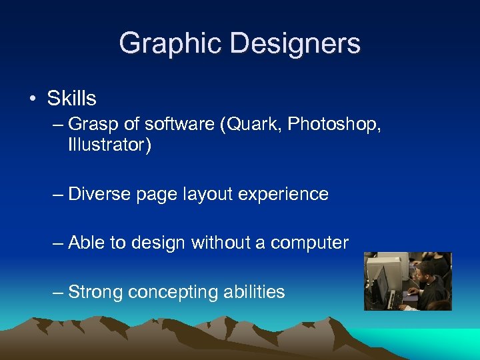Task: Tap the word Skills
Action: click(x=71, y=99)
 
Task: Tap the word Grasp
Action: click(x=89, y=123)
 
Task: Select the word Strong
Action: click(x=95, y=292)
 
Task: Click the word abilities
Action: click(x=257, y=292)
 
